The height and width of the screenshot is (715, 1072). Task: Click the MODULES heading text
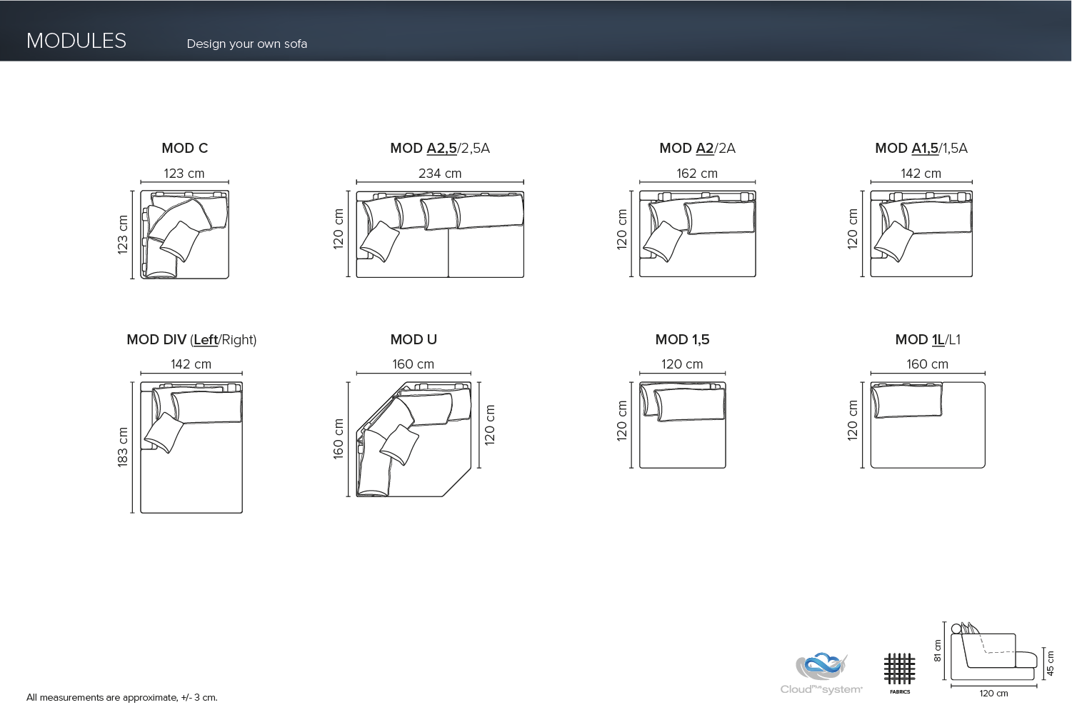point(76,41)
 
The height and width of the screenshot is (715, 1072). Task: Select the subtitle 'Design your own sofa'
point(246,44)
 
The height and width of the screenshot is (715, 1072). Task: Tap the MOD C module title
point(184,148)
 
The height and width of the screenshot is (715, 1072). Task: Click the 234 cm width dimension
point(440,174)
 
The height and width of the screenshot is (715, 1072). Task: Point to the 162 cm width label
point(697,174)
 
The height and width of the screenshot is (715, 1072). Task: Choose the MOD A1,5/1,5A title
point(921,148)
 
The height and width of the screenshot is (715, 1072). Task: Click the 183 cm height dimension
point(123,447)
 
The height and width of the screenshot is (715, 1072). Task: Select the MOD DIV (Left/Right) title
point(191,339)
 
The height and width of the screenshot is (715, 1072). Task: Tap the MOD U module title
point(414,339)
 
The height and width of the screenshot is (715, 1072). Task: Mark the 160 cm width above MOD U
point(413,364)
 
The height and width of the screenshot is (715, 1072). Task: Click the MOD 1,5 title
point(682,339)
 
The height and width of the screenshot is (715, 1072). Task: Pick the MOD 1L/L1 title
point(928,339)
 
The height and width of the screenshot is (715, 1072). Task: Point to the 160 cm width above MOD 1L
point(927,364)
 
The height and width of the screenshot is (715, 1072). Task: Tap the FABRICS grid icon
point(899,669)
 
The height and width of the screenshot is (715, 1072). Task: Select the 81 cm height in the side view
point(938,650)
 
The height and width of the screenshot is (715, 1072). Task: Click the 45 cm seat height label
point(1050,663)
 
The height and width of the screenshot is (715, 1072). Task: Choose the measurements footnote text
point(122,697)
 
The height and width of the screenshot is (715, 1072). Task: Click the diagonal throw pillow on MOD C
point(180,241)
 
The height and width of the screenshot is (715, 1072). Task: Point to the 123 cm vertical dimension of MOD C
point(123,234)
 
